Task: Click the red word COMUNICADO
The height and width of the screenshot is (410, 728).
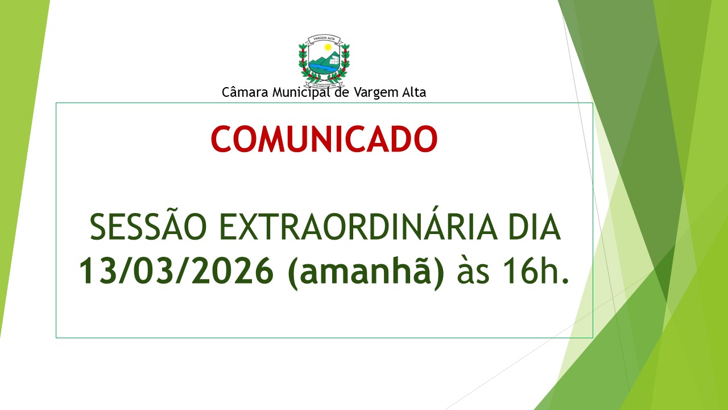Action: pyautogui.click(x=324, y=139)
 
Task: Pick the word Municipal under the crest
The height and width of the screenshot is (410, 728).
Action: pyautogui.click(x=301, y=92)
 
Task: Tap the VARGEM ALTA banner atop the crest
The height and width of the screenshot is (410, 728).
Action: pyautogui.click(x=324, y=39)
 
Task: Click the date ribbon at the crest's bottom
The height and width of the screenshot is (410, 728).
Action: pyautogui.click(x=324, y=79)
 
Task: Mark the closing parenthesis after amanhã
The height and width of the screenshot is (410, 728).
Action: pyautogui.click(x=439, y=272)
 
